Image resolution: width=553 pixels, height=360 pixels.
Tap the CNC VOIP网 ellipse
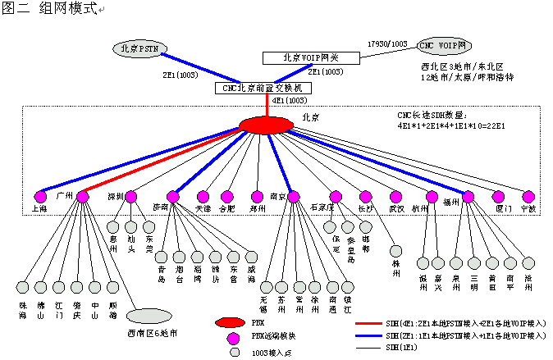point(443,45)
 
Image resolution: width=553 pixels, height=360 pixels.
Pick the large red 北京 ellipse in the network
point(267,125)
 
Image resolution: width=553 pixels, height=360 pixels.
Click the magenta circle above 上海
point(39,197)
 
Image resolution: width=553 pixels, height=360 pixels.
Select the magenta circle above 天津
point(203,197)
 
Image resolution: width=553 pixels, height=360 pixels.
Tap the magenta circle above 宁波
point(528,197)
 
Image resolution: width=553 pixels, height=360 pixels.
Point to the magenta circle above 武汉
point(396,197)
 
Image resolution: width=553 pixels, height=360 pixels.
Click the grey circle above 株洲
point(396,251)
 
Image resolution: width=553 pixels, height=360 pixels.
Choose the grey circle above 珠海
point(23,288)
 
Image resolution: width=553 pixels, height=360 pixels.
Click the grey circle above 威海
point(251,257)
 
